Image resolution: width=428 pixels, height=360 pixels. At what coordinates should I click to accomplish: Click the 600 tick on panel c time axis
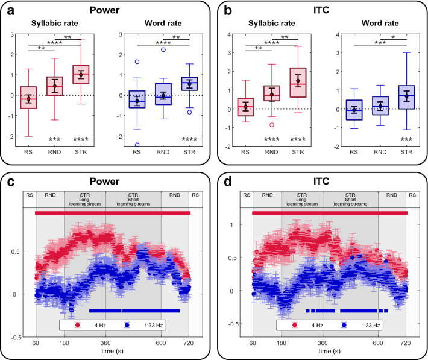(x=161, y=341)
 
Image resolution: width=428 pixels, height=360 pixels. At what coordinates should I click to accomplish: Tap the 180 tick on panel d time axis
(x=281, y=341)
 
